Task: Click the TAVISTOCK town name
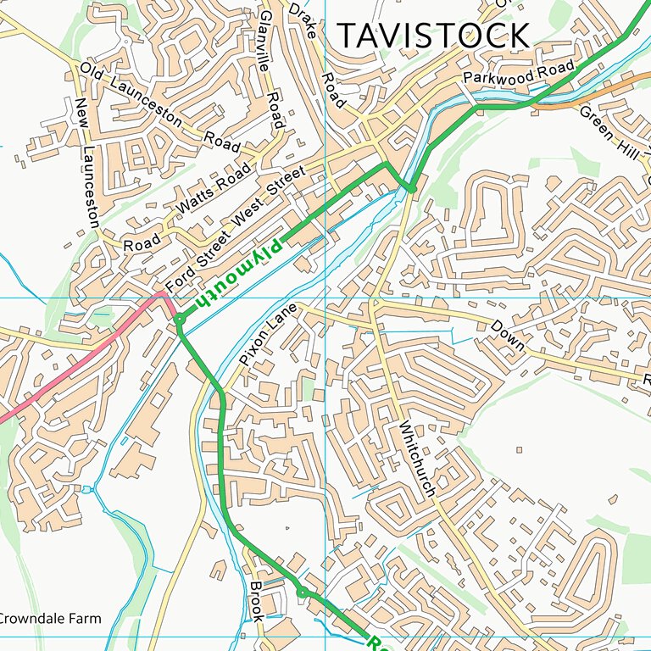433,36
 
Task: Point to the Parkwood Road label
519,73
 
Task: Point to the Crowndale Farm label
49,619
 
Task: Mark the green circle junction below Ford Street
181,319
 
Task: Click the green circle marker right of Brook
302,591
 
